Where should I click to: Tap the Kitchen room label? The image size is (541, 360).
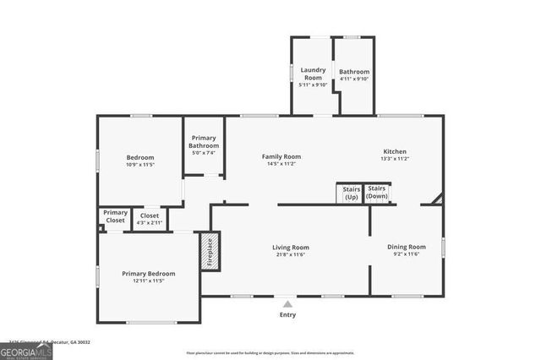coord(395,152)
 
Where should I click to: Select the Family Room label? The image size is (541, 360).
coord(281,156)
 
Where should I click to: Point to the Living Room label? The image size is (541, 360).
coord(290,248)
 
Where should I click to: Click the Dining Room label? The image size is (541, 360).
coord(406,247)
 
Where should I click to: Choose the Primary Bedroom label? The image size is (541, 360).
coord(148,273)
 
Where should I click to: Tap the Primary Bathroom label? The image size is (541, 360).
coord(204,142)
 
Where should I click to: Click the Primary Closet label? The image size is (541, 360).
coord(115,216)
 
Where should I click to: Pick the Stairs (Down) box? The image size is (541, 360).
coord(377,192)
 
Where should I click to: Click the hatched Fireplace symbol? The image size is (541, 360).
coord(210,252)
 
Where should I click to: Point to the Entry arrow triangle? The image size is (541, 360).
coord(288,303)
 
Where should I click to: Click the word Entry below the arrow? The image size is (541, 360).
coord(288,314)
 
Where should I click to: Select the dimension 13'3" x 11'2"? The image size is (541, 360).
coord(395,158)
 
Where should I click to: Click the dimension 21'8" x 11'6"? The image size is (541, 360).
coord(290,254)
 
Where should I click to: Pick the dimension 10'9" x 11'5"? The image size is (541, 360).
coord(140,164)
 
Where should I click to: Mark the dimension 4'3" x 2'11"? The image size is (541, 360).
coord(150,221)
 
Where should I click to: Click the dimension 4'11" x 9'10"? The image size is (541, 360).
coord(354,79)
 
